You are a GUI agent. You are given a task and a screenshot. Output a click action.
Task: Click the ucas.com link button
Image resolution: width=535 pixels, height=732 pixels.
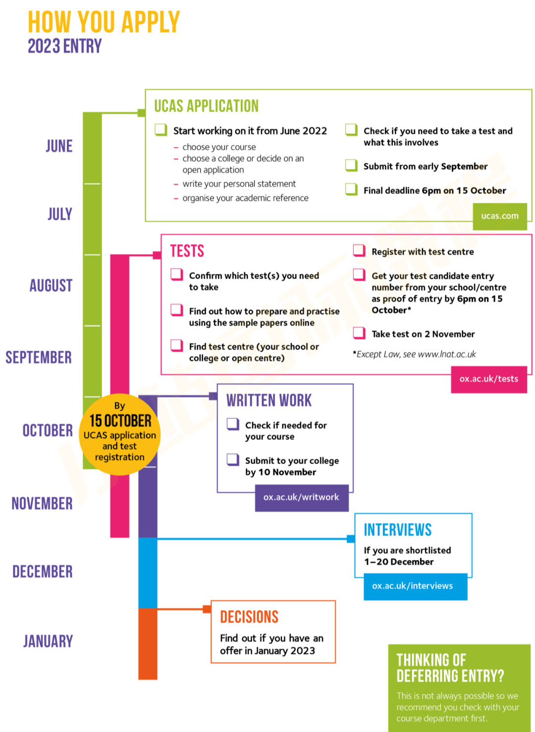[x=500, y=216]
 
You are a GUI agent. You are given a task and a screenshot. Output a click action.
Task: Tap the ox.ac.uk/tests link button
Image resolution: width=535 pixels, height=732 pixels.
[x=488, y=379]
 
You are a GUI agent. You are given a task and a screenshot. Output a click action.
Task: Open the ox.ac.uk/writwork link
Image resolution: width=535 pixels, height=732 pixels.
[x=301, y=497]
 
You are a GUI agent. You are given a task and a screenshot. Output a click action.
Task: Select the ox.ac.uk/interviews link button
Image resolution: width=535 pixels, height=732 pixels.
[x=413, y=586]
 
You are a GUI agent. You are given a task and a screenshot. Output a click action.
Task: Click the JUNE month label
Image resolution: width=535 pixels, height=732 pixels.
[x=59, y=146]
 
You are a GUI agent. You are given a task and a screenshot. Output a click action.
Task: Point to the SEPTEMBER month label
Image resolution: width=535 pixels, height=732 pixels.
[x=39, y=357]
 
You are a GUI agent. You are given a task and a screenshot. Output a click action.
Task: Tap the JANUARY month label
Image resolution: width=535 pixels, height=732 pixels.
[x=48, y=641]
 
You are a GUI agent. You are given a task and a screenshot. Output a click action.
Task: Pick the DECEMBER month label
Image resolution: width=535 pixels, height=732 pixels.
[x=43, y=571]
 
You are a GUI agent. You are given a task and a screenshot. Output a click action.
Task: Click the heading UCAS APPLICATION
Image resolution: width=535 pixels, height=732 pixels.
[x=206, y=106]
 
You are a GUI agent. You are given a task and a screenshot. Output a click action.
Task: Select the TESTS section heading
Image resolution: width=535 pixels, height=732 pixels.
[x=187, y=251]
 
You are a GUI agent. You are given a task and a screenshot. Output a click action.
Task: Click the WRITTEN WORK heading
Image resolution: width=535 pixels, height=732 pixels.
[x=269, y=401]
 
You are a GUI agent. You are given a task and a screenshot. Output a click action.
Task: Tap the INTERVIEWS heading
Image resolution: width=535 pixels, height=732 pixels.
[x=398, y=530]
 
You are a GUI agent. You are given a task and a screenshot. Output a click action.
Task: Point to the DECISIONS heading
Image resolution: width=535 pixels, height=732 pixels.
[x=249, y=617]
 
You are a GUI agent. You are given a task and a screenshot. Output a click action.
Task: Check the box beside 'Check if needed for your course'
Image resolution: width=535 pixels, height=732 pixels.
[x=233, y=424]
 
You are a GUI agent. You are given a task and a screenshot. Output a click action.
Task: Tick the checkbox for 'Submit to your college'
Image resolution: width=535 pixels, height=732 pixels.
[x=233, y=460]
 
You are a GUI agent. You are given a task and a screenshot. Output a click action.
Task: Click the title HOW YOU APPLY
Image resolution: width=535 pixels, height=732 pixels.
[x=104, y=22]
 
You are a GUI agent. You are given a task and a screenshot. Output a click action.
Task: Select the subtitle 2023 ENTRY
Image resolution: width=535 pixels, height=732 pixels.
[x=65, y=47]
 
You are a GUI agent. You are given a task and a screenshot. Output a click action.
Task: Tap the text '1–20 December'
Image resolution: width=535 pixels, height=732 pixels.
[x=399, y=562]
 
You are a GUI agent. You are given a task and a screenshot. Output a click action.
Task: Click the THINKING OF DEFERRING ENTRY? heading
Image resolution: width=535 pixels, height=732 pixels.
[x=450, y=668]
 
